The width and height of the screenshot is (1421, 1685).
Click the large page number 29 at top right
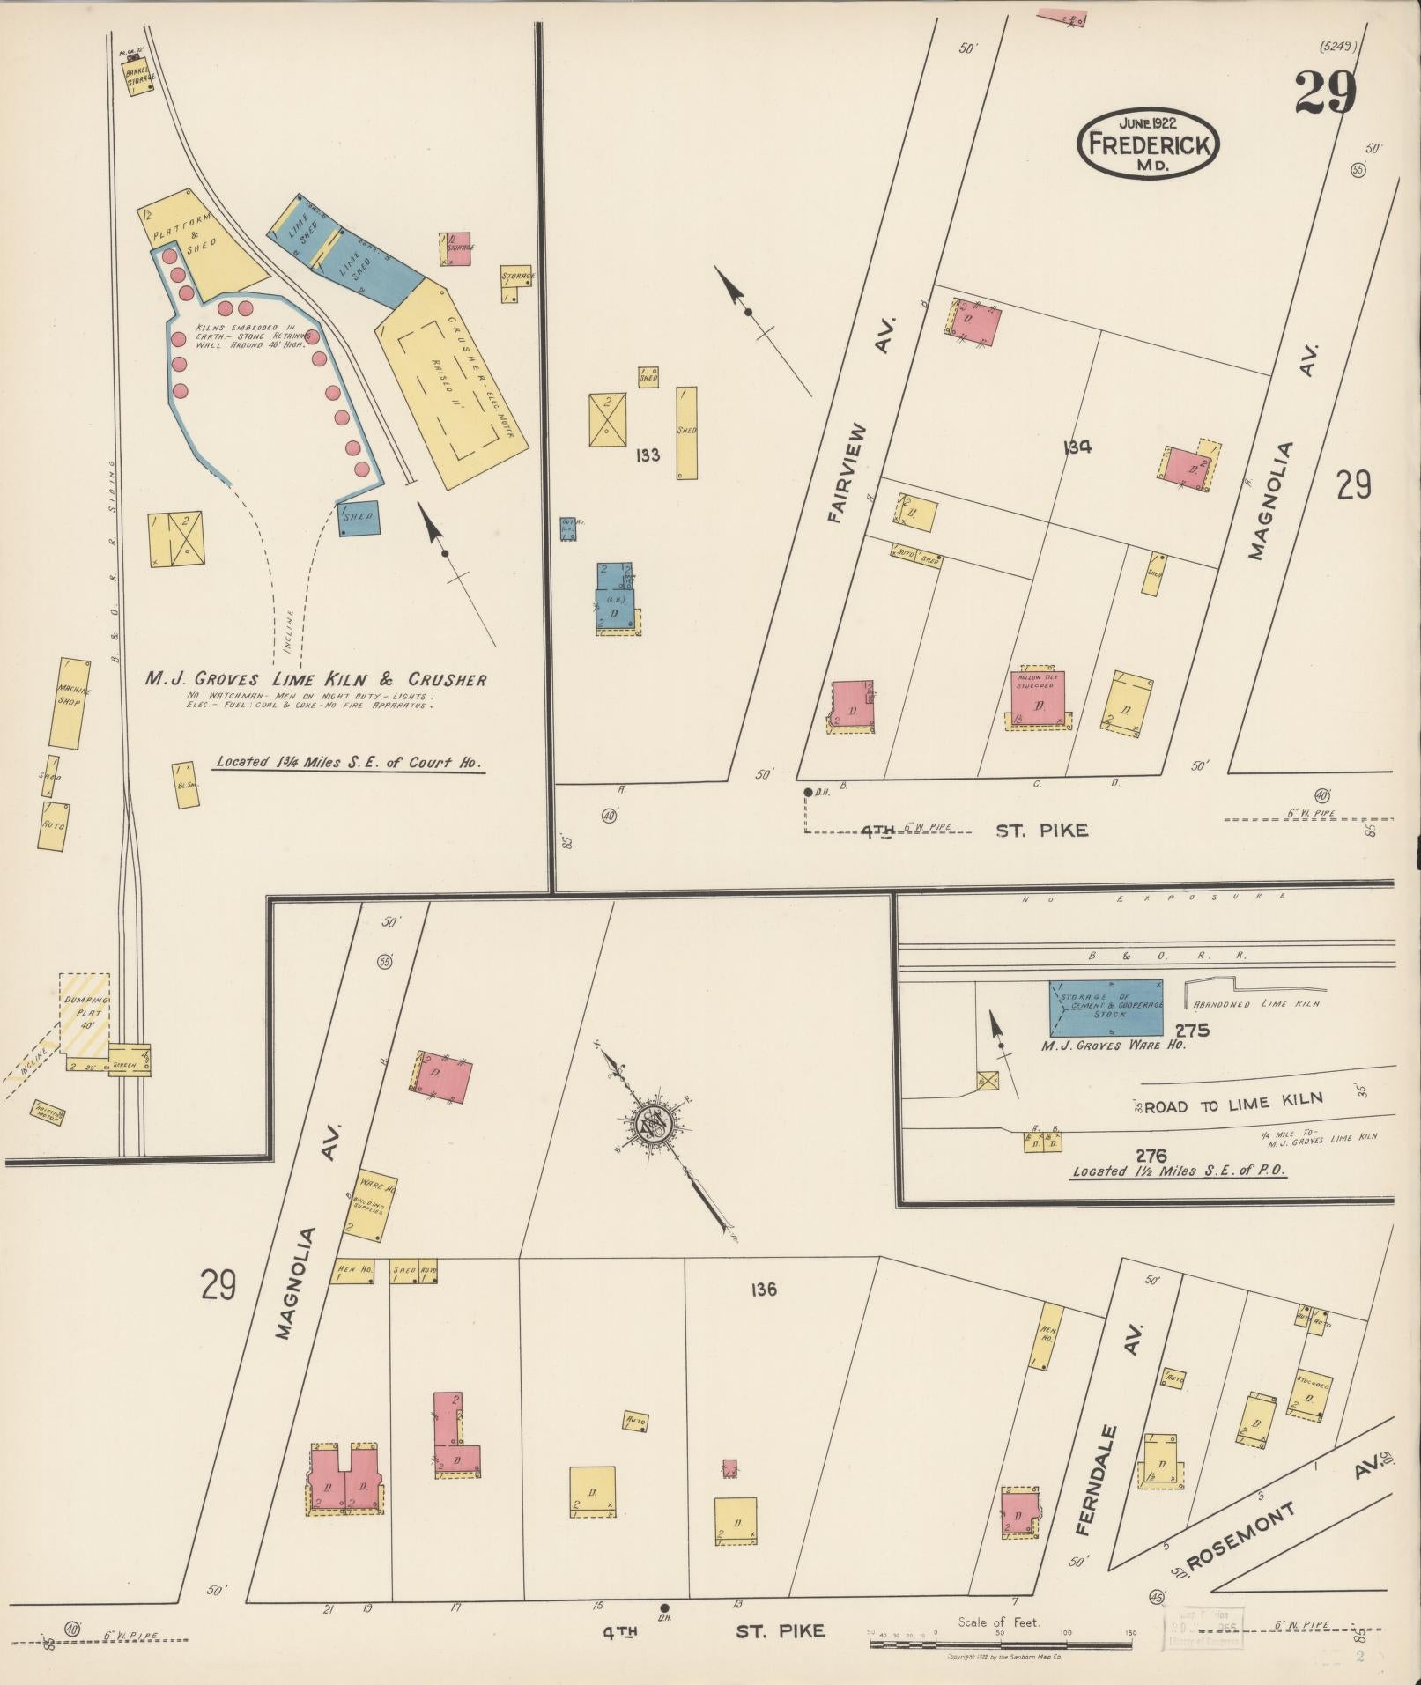(x=1324, y=92)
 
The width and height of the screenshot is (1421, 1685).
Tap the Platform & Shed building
(x=194, y=237)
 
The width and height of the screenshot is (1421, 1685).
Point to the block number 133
(x=648, y=455)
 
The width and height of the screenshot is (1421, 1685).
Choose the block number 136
(x=764, y=1290)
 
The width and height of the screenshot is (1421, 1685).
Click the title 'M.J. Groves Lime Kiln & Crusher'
(x=315, y=679)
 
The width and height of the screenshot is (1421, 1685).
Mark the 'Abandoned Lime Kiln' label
(x=1255, y=1004)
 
